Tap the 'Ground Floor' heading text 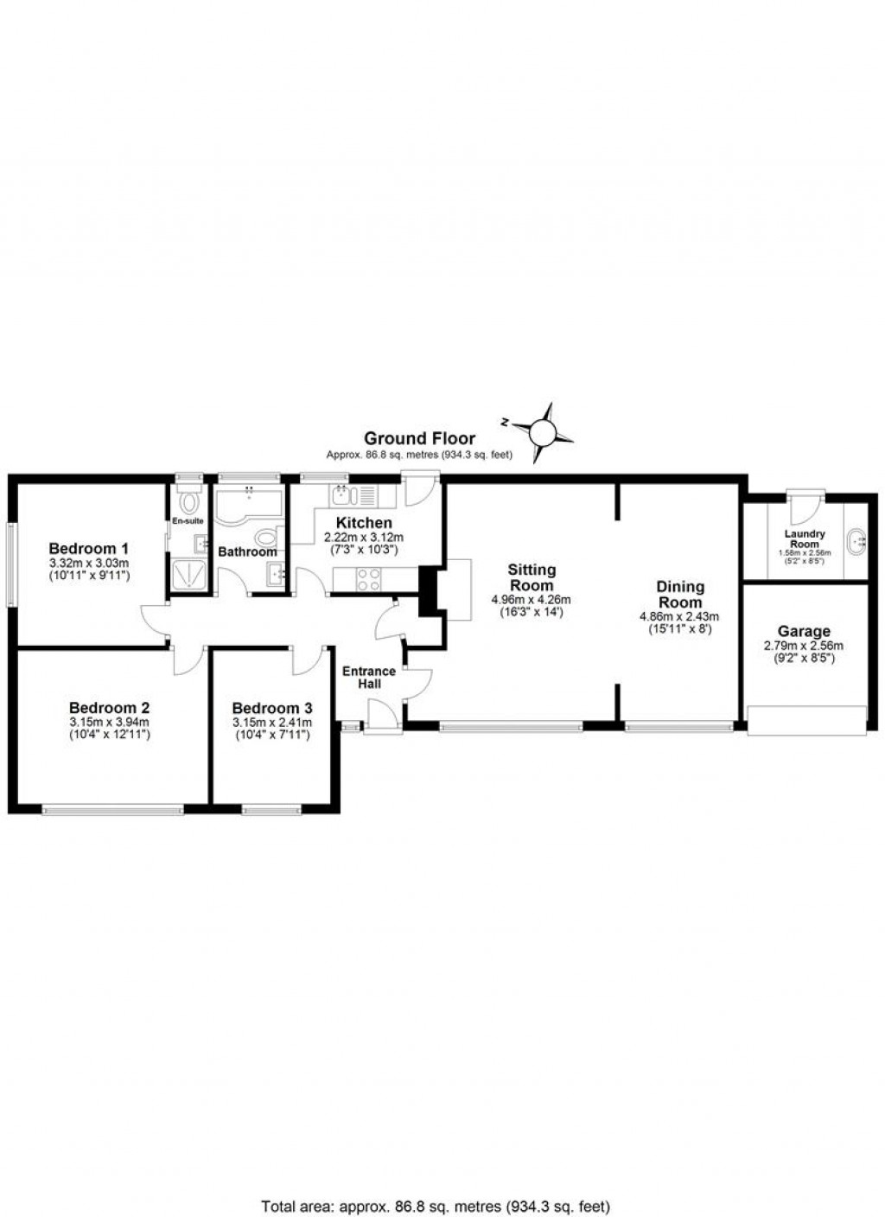[x=419, y=438]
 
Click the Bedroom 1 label [x=88, y=548]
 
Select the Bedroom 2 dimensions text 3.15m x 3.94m [x=110, y=723]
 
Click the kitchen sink [x=340, y=495]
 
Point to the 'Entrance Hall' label [x=369, y=677]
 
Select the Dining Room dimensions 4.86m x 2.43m [x=679, y=616]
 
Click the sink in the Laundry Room [x=857, y=541]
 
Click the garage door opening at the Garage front [x=806, y=720]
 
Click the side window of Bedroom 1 [x=11, y=564]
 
